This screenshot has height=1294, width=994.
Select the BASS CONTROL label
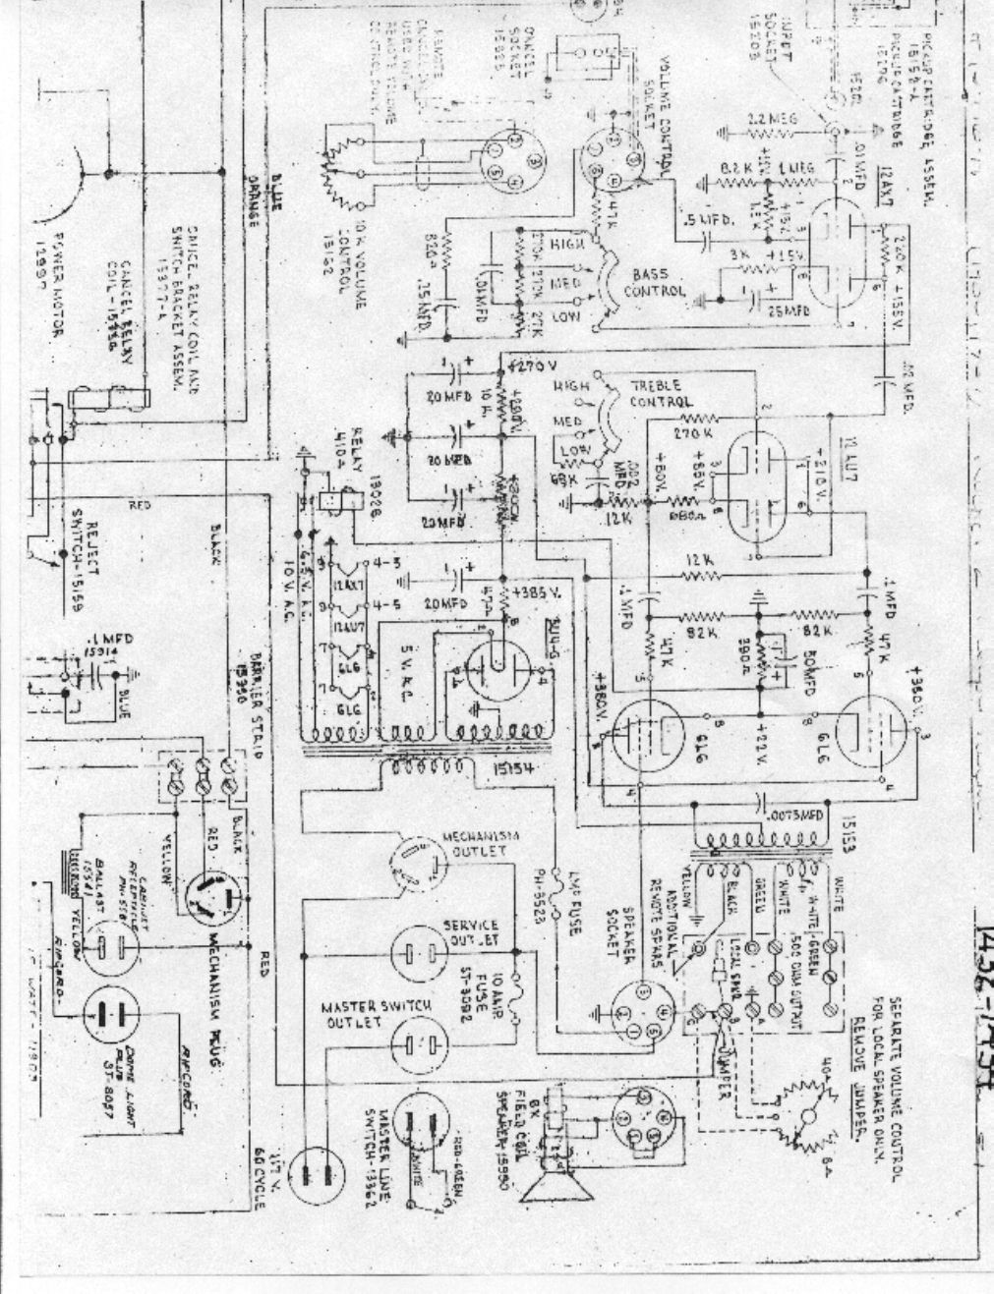tap(650, 281)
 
